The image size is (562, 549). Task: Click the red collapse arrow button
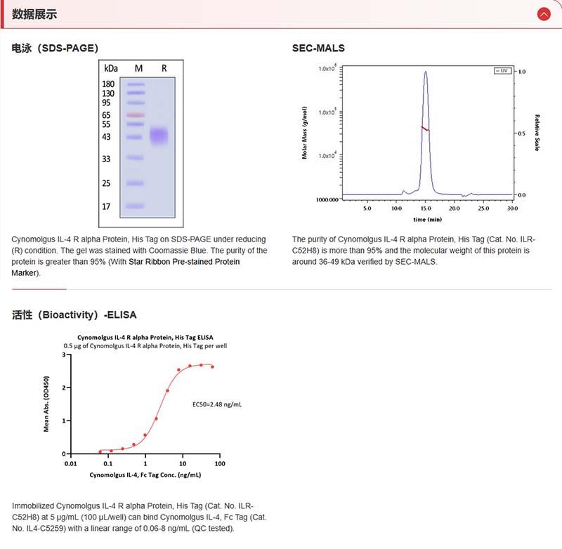(543, 14)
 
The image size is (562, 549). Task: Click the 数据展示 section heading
(34, 14)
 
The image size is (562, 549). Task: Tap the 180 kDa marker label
(108, 84)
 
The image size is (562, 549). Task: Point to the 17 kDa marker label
(106, 207)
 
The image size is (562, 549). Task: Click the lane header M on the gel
(138, 68)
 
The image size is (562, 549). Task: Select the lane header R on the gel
(164, 68)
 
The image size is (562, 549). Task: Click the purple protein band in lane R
(160, 135)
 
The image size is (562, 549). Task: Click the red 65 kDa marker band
(136, 115)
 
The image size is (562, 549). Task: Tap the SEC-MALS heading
(318, 48)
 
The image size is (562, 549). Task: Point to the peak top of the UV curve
(426, 71)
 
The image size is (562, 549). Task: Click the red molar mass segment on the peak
(425, 128)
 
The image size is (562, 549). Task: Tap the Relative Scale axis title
(537, 133)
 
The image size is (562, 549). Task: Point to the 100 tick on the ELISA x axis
(219, 464)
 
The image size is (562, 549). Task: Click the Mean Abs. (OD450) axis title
(46, 404)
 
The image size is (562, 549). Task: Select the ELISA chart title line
(145, 337)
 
